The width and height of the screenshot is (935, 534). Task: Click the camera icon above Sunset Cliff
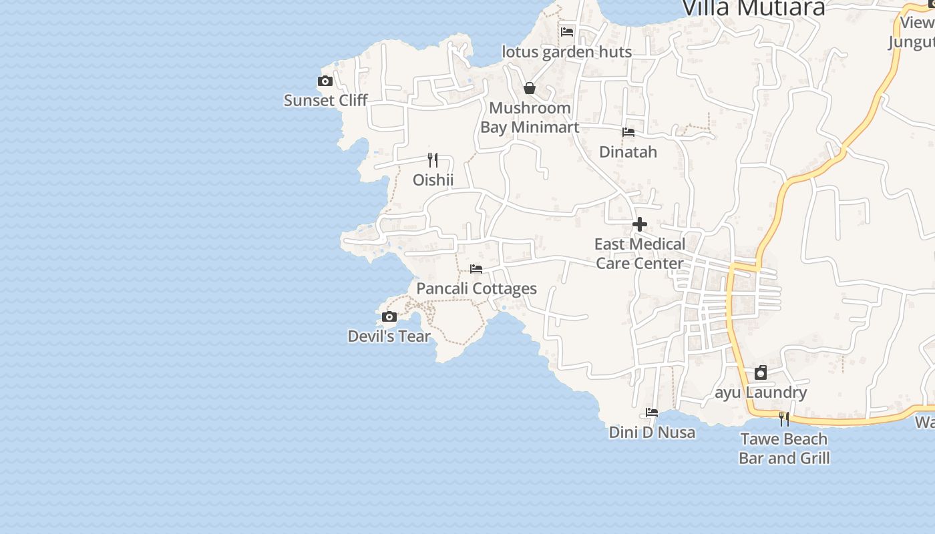tap(325, 81)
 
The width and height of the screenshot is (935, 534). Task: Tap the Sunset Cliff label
tap(326, 100)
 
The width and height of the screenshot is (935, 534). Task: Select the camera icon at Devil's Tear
tap(389, 316)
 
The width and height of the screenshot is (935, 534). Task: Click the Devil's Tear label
tap(389, 336)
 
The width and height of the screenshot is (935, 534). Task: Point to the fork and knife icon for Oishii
tap(433, 160)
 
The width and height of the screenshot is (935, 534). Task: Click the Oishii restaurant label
tap(433, 180)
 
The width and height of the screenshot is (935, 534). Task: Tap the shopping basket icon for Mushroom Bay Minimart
tap(530, 88)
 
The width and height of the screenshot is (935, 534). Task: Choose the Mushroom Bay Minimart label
tap(530, 117)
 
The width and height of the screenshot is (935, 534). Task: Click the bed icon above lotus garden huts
tap(567, 31)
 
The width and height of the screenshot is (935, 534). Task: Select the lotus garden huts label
tap(567, 51)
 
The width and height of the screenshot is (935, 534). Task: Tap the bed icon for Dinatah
tap(628, 132)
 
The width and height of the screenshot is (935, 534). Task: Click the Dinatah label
tap(628, 152)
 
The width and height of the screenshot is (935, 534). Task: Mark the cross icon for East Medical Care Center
tap(640, 224)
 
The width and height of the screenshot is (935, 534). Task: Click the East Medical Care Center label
tap(640, 254)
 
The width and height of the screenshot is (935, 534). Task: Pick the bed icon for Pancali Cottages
tap(476, 269)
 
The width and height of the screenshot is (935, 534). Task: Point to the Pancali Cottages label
tap(477, 288)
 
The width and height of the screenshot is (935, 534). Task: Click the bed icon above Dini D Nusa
tap(652, 413)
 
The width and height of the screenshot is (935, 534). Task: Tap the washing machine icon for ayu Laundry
tap(761, 372)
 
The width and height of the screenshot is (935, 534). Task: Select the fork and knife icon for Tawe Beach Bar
tap(784, 419)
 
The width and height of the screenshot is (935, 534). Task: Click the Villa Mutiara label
tap(753, 8)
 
